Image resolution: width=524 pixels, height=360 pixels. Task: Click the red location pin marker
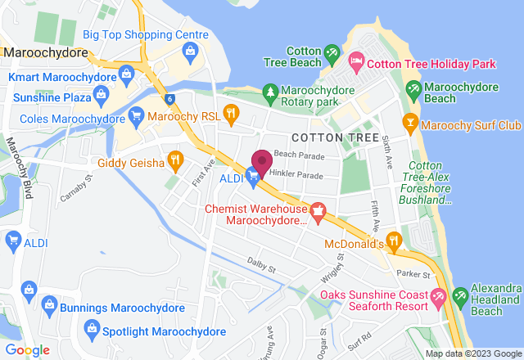point(262,161)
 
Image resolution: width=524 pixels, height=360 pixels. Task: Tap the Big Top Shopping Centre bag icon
point(191,52)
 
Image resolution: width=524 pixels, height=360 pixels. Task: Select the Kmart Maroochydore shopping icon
point(126,76)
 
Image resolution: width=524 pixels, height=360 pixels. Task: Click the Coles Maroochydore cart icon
point(136,115)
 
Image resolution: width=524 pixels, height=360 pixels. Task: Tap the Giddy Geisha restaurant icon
point(174,159)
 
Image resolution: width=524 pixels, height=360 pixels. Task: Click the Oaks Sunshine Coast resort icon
point(438,297)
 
